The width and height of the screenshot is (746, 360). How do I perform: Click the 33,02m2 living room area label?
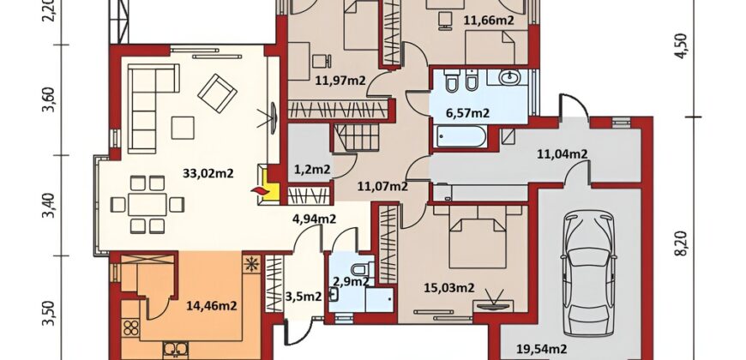point(208,174)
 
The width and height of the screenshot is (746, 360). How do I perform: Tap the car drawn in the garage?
point(588,273)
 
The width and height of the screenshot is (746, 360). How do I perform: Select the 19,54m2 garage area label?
point(541,350)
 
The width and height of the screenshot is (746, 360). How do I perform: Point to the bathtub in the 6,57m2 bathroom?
point(460,136)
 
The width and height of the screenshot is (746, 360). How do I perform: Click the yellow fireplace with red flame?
point(266,185)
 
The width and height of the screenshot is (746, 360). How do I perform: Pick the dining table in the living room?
point(147,205)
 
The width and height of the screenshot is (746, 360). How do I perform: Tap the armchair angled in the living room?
point(217,93)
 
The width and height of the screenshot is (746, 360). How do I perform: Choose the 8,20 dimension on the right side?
point(683,243)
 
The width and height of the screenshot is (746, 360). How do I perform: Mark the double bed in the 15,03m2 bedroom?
point(478,237)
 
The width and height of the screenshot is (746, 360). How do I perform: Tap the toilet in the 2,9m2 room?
point(363,268)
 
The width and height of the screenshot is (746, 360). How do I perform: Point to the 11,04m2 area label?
point(562,154)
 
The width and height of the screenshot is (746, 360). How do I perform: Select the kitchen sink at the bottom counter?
point(176,350)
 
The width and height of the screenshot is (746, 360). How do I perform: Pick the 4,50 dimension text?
point(683,46)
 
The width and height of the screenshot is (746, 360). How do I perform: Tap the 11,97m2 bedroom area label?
point(340,81)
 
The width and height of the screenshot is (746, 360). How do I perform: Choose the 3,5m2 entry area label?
point(303,297)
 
